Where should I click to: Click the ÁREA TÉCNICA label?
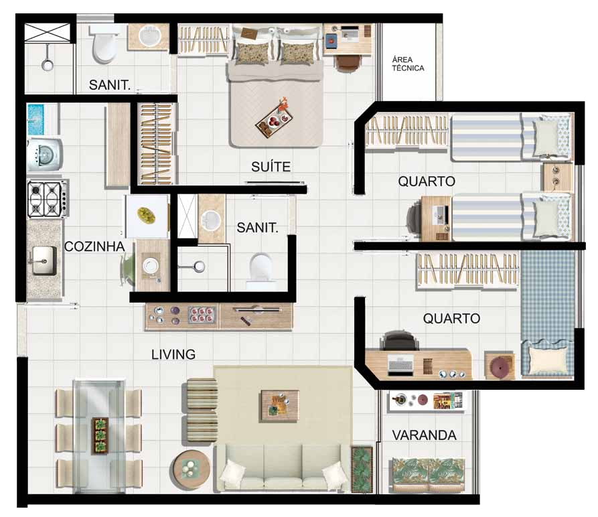(408, 64)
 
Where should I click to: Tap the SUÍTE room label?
(271, 167)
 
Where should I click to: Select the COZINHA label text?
(94, 246)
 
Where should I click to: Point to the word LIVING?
(173, 354)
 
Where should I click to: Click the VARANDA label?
(424, 435)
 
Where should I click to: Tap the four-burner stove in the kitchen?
(48, 199)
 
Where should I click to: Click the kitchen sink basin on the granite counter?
(44, 261)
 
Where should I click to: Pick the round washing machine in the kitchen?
(45, 155)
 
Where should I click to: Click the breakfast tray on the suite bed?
(274, 121)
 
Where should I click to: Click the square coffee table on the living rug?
(279, 406)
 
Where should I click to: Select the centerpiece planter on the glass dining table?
(100, 436)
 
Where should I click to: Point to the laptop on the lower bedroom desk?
(401, 366)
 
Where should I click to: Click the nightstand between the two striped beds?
(558, 177)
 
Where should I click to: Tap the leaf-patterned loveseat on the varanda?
(429, 475)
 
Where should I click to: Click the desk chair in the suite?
(348, 64)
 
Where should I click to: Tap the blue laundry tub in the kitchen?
(36, 120)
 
